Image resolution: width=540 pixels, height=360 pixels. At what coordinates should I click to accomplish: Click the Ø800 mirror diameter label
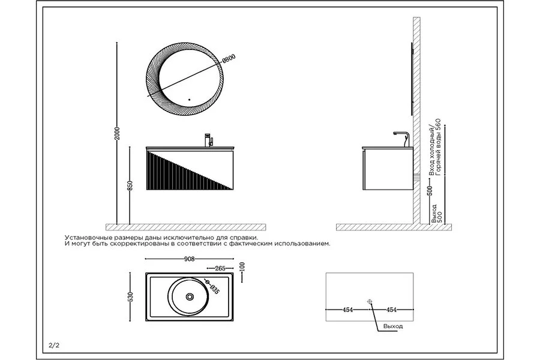tap(229, 59)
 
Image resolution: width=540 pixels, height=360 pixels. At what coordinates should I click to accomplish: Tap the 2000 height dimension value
tap(117, 133)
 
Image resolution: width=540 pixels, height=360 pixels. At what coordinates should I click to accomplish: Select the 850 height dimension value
tap(130, 185)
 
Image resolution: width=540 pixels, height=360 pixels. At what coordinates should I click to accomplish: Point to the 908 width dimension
tap(190, 259)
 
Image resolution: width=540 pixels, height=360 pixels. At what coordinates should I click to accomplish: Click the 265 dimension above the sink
tap(220, 268)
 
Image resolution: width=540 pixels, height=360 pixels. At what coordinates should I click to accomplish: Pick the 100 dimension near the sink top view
tap(242, 267)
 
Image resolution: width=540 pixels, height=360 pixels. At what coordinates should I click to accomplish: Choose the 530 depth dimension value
tap(130, 296)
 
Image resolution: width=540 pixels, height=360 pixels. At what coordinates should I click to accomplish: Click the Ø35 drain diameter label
tap(212, 287)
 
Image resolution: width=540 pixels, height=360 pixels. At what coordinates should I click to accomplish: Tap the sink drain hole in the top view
tap(190, 296)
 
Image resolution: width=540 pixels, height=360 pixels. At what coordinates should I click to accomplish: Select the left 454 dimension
tap(348, 310)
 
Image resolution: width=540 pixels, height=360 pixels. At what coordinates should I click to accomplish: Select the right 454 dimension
tap(392, 310)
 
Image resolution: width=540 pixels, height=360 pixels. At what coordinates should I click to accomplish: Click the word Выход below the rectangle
tap(393, 326)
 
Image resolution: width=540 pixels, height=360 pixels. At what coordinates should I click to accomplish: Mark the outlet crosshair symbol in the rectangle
tap(370, 302)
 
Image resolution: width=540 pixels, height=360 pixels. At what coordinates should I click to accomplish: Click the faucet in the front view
tap(209, 140)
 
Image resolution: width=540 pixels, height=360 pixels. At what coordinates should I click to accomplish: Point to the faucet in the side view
tap(402, 139)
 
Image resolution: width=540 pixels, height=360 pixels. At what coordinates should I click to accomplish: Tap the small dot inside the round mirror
tap(190, 100)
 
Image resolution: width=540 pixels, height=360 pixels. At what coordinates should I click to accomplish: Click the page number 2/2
tap(55, 345)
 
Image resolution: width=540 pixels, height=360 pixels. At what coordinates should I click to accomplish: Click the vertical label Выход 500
tap(436, 214)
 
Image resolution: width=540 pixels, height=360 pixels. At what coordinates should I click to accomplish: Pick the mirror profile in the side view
tap(412, 79)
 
